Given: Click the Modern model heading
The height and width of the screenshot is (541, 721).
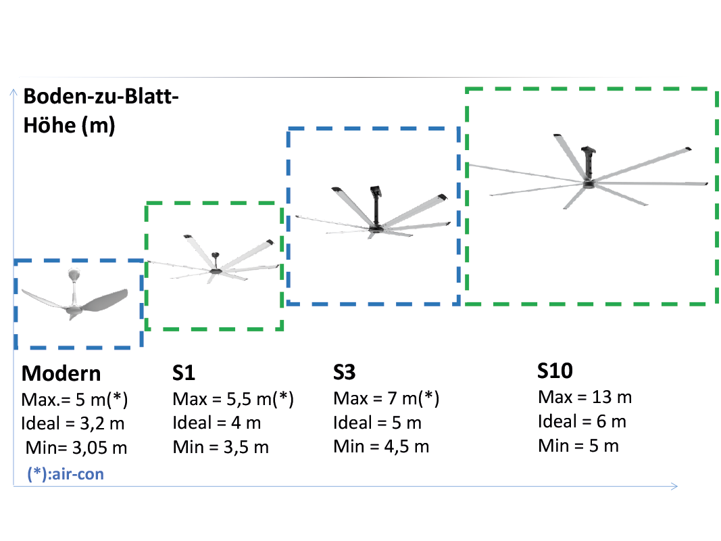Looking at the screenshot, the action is pyautogui.click(x=61, y=373).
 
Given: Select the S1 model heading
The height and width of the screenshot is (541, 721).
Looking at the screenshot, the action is pyautogui.click(x=184, y=373).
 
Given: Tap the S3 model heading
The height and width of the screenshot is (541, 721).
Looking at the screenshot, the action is pyautogui.click(x=345, y=372).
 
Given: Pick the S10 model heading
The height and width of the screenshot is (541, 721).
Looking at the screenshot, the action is pyautogui.click(x=555, y=371).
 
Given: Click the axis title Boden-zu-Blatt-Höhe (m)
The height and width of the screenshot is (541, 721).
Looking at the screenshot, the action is pyautogui.click(x=101, y=111).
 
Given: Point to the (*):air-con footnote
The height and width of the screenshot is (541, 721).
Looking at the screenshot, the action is pyautogui.click(x=66, y=474).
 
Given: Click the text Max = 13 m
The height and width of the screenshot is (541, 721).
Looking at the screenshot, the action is pyautogui.click(x=585, y=396).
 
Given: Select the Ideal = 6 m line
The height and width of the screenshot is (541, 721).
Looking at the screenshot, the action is pyautogui.click(x=582, y=421).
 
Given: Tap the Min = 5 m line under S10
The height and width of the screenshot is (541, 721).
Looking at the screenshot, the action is pyautogui.click(x=578, y=446).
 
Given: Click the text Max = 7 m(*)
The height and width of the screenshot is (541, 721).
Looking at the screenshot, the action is pyautogui.click(x=387, y=398).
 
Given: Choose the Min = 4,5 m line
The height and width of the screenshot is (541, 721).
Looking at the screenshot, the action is pyautogui.click(x=381, y=446).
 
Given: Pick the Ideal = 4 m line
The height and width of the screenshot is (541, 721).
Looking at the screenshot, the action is pyautogui.click(x=217, y=422).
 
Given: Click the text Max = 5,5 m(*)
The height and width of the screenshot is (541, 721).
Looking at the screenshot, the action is pyautogui.click(x=233, y=399).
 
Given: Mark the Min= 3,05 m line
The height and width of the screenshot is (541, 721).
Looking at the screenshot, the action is pyautogui.click(x=76, y=447).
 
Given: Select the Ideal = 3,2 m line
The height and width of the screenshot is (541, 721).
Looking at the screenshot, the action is pyautogui.click(x=73, y=423).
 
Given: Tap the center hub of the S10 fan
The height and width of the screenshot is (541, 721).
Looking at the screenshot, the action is pyautogui.click(x=589, y=184).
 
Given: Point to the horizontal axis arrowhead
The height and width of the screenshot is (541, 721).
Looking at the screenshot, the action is pyautogui.click(x=674, y=486).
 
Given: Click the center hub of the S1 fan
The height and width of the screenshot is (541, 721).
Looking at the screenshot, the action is pyautogui.click(x=214, y=271).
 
